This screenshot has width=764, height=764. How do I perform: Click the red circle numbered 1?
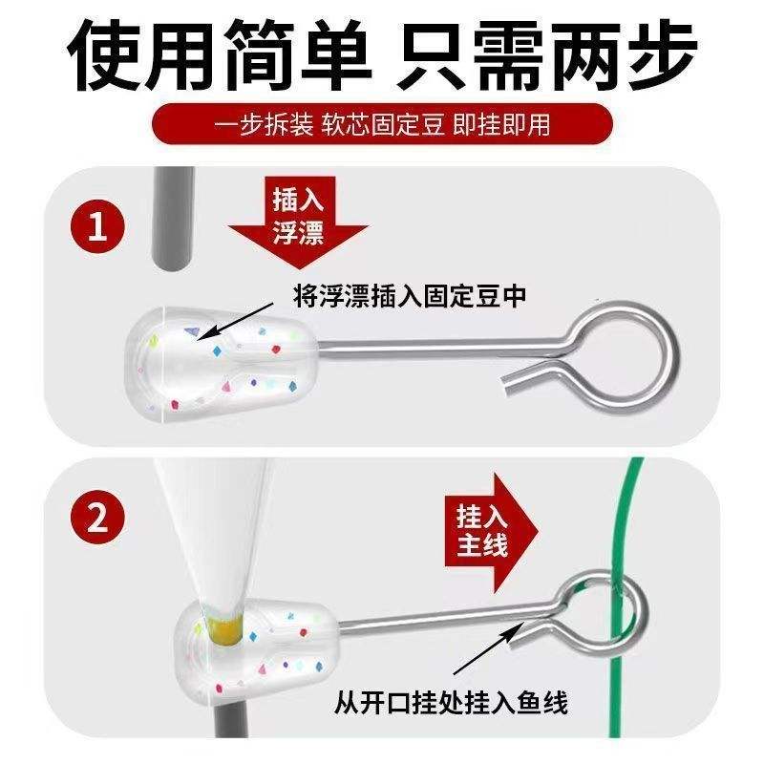(97, 227)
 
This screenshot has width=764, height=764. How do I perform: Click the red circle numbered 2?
(97, 517)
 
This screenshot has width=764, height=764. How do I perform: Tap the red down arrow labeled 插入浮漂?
(298, 223)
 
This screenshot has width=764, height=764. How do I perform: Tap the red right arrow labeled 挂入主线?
(491, 532)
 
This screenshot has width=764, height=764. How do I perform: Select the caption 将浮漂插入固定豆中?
(410, 296)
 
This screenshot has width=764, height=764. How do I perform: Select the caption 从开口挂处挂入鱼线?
(451, 703)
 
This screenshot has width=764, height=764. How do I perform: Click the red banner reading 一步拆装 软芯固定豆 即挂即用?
(382, 124)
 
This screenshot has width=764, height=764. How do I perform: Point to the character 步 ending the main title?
(660, 54)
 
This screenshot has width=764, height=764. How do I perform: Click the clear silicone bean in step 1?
(222, 364)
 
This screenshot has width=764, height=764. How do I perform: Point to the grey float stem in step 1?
(174, 220)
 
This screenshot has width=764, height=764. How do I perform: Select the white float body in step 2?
(214, 531)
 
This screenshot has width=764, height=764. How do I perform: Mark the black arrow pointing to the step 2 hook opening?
(488, 648)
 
